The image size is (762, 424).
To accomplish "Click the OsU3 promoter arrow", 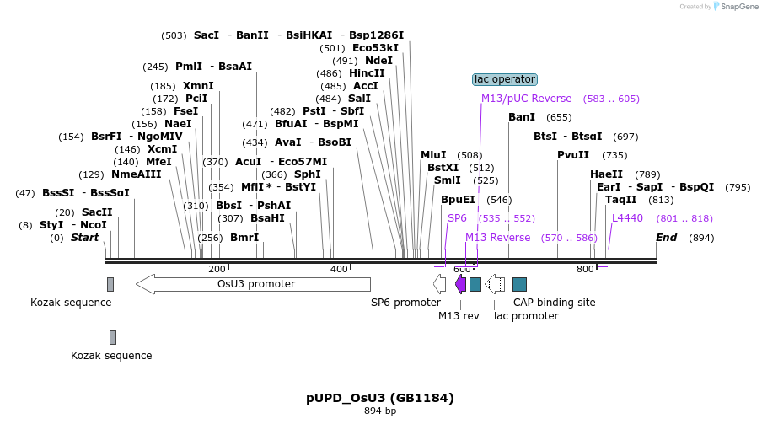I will click(x=253, y=284).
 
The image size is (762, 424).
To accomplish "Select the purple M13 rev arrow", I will click(x=460, y=284).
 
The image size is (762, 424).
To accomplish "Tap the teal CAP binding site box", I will click(x=519, y=284).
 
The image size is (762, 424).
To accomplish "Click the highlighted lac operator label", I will click(x=504, y=79).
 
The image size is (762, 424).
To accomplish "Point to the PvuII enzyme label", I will click(x=573, y=155).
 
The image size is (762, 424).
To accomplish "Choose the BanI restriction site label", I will click(x=522, y=117).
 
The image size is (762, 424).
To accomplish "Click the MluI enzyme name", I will click(x=433, y=155).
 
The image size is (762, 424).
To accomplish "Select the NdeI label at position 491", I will click(x=378, y=61).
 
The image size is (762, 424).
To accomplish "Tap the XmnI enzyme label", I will click(x=198, y=86).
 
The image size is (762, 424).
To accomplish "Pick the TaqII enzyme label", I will click(x=621, y=200).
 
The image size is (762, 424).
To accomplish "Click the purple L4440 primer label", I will click(x=627, y=218).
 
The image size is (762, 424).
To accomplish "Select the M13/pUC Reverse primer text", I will click(x=526, y=99).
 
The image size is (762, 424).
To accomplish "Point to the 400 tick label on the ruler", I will click(x=340, y=269).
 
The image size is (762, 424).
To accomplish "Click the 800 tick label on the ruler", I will click(x=585, y=269).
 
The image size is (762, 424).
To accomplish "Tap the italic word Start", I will click(x=84, y=238).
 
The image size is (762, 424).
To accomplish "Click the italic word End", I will click(x=666, y=238).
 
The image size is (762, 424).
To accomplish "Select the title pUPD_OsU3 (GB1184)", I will click(x=380, y=398).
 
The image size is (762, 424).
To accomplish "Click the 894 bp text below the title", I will click(x=380, y=411).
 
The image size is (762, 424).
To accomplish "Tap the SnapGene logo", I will click(x=735, y=7).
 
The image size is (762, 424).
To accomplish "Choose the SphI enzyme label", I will click(x=307, y=174).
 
